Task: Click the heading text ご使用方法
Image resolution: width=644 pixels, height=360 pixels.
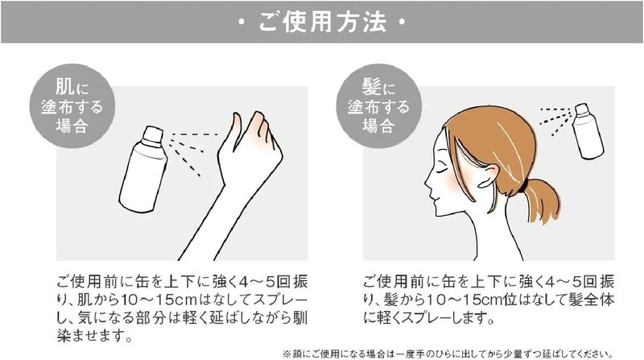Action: pos(323,22)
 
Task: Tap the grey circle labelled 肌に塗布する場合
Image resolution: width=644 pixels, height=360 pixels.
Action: pos(72,106)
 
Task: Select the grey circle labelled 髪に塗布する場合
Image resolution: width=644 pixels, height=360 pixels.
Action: pos(379,106)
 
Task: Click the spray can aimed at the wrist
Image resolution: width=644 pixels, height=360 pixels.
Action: pos(143,169)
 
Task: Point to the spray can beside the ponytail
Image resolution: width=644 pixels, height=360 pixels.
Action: pos(588,131)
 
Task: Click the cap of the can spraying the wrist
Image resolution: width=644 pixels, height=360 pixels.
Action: pos(153,135)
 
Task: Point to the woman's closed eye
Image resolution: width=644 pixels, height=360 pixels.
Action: pos(442,169)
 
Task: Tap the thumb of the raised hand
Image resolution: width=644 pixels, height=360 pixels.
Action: pos(237,131)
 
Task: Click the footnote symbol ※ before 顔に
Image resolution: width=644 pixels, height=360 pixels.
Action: pos(287,354)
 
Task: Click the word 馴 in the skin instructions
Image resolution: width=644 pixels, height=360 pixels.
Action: pos(299,317)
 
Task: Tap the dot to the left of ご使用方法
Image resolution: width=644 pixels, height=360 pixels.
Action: pos(242,23)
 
